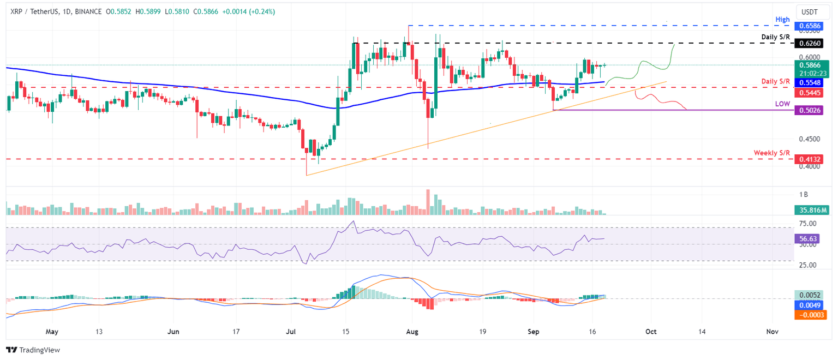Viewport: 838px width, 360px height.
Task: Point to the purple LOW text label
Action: tap(782, 104)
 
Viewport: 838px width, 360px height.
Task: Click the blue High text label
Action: tap(782, 20)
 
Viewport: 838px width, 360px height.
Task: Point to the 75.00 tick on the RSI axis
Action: tap(808, 224)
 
